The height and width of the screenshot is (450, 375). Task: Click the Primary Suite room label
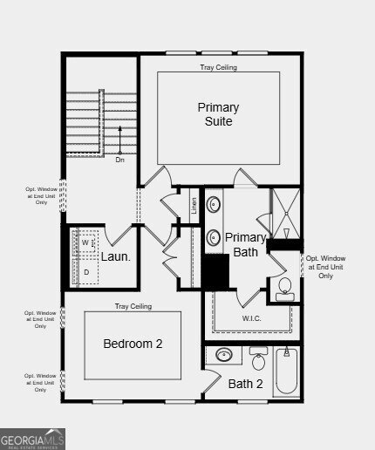[218, 114]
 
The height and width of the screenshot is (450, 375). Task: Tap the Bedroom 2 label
[133, 344]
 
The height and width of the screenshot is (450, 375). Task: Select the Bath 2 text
[245, 384]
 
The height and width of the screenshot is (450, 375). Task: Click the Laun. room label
[115, 256]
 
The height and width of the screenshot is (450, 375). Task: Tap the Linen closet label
[194, 207]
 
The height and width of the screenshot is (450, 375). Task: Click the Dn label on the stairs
[120, 160]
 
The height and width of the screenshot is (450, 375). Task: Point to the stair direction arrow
[120, 140]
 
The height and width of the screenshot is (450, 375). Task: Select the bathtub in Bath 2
[287, 373]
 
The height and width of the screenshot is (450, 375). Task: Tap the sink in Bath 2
[225, 355]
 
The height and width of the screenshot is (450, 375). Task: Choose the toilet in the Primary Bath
[284, 289]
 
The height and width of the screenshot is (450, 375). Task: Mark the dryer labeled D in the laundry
[85, 272]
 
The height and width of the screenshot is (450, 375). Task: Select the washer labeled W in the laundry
[85, 242]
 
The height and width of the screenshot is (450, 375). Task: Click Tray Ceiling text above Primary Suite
[218, 67]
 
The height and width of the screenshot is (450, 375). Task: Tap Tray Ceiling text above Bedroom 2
[133, 306]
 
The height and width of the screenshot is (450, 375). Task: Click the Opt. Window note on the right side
[325, 267]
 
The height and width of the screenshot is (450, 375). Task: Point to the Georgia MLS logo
[33, 438]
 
